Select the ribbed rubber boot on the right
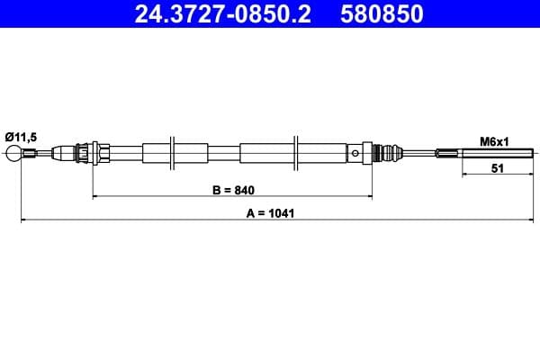tap(389, 153)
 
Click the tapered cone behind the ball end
tap(63, 153)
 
